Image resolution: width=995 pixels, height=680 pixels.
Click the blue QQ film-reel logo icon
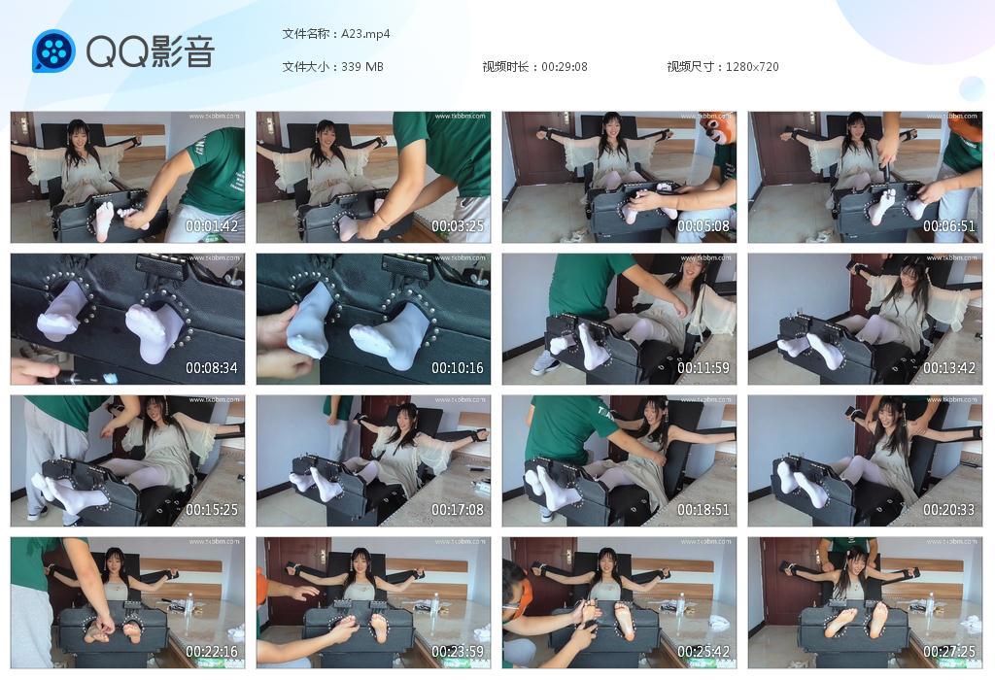pos(53,51)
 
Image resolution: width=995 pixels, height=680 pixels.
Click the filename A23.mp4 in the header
pos(365,34)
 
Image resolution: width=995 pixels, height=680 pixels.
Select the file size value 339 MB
pos(362,67)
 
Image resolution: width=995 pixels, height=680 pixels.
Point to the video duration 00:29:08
pos(565,67)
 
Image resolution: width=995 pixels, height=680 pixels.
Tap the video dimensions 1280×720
pos(749,67)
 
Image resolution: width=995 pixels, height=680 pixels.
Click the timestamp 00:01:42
pos(212,226)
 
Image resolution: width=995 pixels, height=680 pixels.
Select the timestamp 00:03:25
pos(458,226)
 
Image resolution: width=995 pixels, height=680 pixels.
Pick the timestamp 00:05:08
pos(703,226)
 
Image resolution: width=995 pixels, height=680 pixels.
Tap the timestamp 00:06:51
pos(949,226)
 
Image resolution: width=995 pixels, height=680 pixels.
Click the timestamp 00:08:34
pos(212,368)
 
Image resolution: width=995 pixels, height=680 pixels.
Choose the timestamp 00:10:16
pos(458,368)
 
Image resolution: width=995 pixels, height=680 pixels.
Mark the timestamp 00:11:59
pos(703,368)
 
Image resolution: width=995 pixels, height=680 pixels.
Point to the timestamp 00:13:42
pos(949,368)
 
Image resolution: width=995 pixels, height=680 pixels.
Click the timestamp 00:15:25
pos(212,510)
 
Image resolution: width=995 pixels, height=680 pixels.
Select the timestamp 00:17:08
pos(458,510)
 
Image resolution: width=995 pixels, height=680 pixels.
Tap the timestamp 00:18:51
pos(703,510)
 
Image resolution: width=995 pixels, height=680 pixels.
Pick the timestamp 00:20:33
pos(949,510)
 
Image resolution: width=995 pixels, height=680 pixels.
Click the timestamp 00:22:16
pos(212,652)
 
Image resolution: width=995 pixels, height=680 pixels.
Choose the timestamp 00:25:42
pos(703,652)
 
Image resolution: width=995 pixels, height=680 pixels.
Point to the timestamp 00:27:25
pos(949,652)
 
